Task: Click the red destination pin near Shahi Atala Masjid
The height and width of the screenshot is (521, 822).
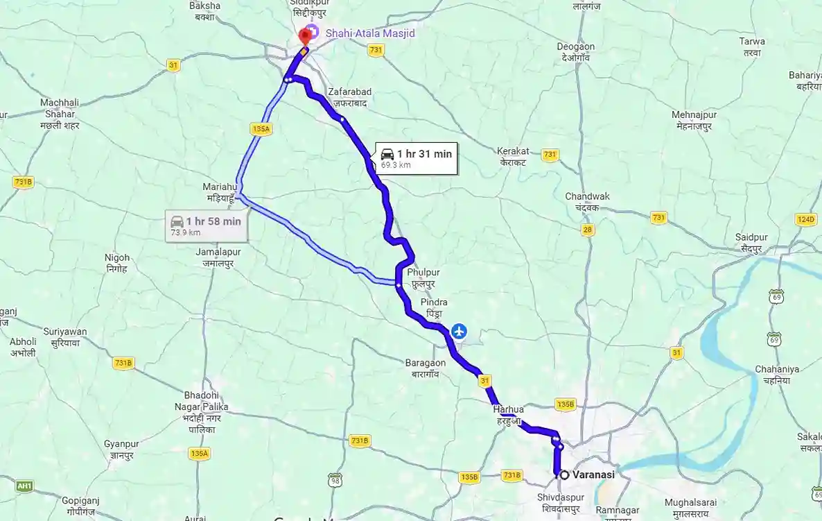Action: pyautogui.click(x=304, y=37)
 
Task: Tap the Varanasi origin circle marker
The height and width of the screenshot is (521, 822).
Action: pyautogui.click(x=564, y=475)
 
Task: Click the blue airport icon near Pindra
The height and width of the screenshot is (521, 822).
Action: pyautogui.click(x=458, y=332)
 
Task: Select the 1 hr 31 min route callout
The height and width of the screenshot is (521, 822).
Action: pyautogui.click(x=417, y=159)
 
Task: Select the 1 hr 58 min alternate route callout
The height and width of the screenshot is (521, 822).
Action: pyautogui.click(x=205, y=226)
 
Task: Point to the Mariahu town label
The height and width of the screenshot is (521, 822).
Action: pyautogui.click(x=220, y=192)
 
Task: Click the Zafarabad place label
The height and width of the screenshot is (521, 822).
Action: pyautogui.click(x=350, y=96)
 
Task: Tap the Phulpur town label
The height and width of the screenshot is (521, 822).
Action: pyautogui.click(x=423, y=278)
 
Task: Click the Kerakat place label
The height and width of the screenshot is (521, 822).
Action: pyautogui.click(x=514, y=156)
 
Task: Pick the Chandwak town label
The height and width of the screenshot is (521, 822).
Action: pyautogui.click(x=587, y=201)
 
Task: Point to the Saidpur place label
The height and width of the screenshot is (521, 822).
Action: pyautogui.click(x=748, y=243)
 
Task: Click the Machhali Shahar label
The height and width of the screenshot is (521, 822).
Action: pyautogui.click(x=60, y=114)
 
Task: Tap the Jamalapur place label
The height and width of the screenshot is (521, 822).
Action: pyautogui.click(x=218, y=257)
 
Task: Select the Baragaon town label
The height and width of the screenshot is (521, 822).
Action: pyautogui.click(x=426, y=367)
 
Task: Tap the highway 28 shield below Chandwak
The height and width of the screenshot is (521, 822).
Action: pyautogui.click(x=588, y=230)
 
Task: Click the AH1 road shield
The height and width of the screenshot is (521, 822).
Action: pyautogui.click(x=25, y=486)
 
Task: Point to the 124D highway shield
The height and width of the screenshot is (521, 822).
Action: pyautogui.click(x=805, y=219)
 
